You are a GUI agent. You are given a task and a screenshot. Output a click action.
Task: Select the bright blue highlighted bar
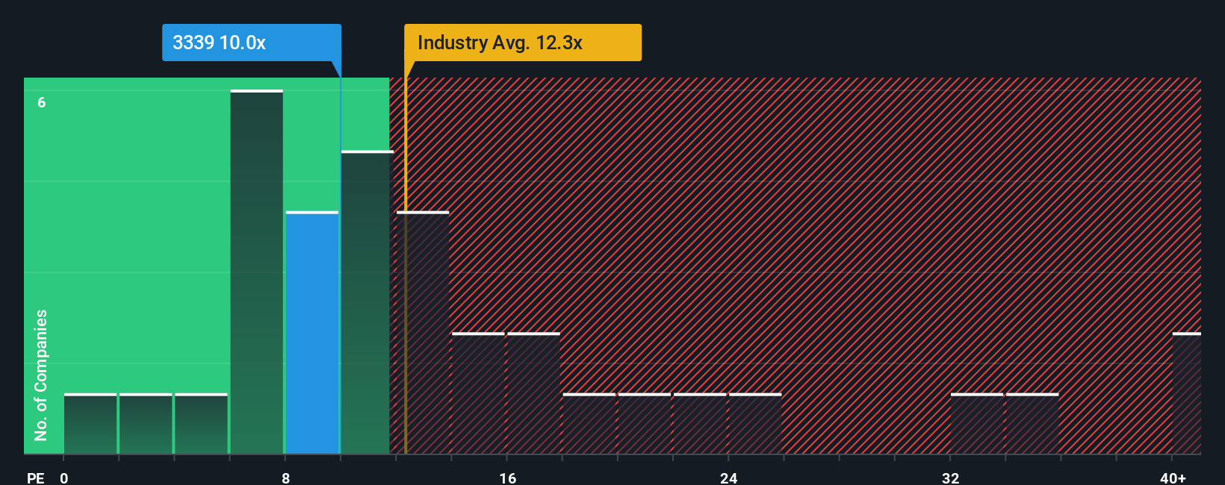[x=312, y=333]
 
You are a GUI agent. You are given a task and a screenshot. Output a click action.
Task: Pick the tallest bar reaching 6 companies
[x=256, y=272]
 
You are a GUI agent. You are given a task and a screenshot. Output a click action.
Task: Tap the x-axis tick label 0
[x=64, y=478]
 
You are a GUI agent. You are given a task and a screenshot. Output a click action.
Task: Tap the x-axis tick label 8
[x=285, y=478]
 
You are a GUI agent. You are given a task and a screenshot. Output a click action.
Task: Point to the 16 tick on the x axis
[x=507, y=478]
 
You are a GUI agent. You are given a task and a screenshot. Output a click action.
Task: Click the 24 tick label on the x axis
[x=728, y=478]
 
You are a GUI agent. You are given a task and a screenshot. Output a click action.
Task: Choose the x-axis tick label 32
[x=950, y=478]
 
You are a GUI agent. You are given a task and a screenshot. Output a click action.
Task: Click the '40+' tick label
[x=1173, y=478]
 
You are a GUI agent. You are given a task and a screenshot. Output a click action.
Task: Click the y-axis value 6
[x=42, y=102]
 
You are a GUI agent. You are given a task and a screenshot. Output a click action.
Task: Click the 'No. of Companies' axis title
[x=41, y=375]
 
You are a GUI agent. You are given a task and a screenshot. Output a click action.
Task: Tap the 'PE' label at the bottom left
[x=35, y=478]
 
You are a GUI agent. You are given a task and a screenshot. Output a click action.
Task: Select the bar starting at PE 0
[x=90, y=424]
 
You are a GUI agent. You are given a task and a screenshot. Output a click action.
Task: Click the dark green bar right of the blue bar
[x=366, y=302]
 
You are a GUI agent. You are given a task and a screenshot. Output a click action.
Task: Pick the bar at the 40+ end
[x=1187, y=393]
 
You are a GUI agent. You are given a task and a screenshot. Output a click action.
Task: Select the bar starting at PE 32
[x=977, y=424]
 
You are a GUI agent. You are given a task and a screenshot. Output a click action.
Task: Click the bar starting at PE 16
[x=533, y=393]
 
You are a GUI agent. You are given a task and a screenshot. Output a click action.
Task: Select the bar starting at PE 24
[x=755, y=424]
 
